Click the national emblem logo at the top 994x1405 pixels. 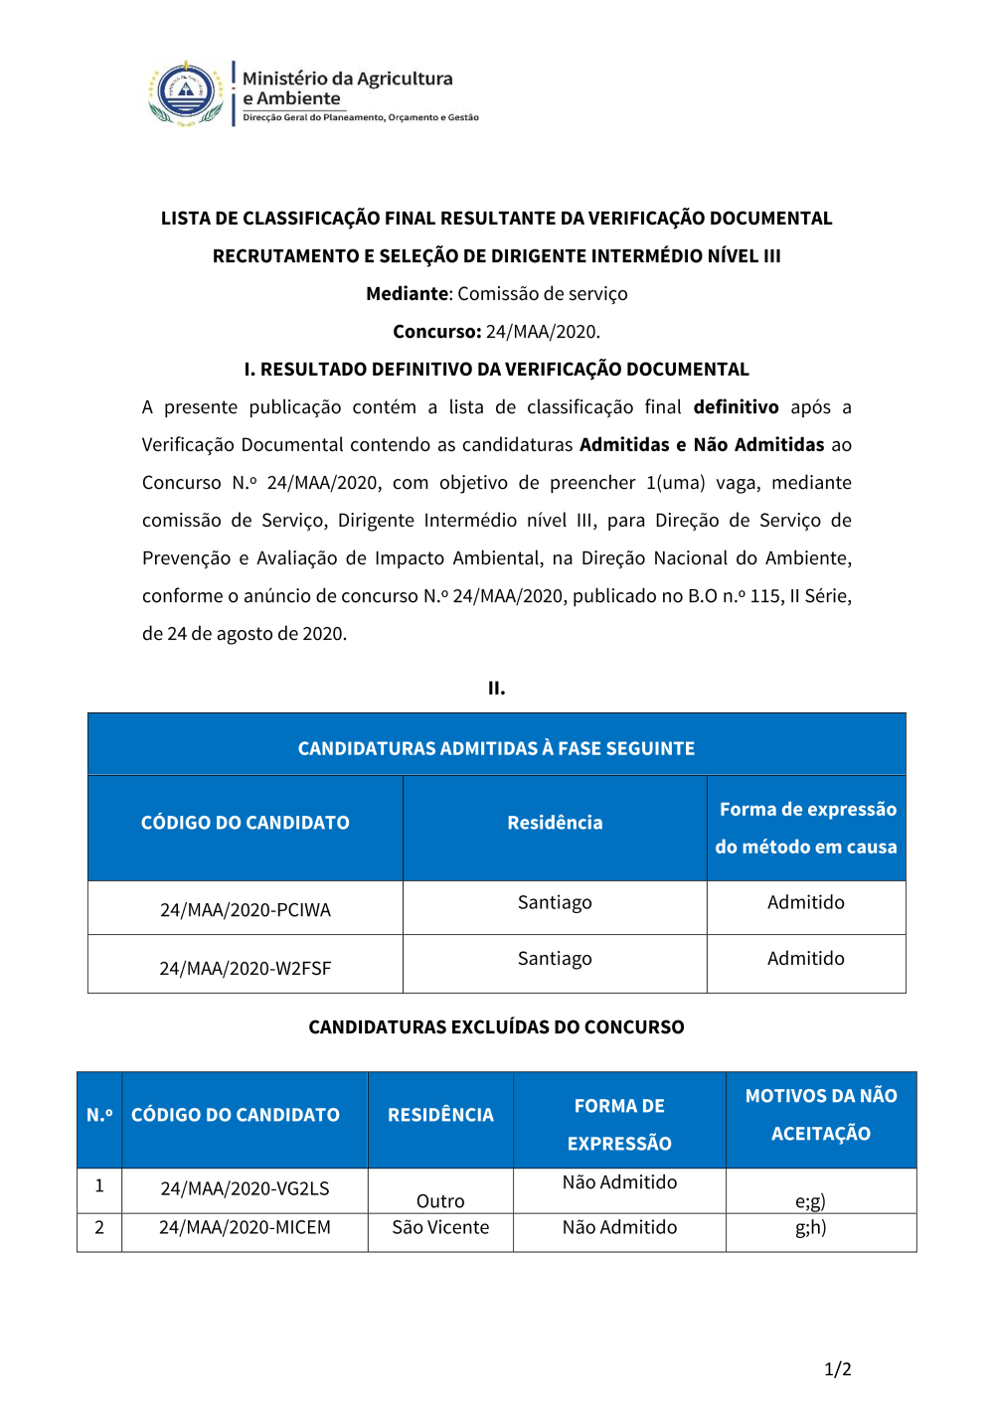[x=186, y=93]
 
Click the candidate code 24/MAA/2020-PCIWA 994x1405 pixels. [x=246, y=909]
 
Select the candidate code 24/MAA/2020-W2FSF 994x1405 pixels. [x=246, y=968]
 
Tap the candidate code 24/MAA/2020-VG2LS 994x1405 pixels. [x=245, y=1188]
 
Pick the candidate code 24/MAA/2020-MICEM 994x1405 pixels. [x=245, y=1228]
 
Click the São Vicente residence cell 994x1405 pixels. [x=440, y=1228]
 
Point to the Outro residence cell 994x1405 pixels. [x=440, y=1201]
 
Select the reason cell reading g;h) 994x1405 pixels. [x=811, y=1228]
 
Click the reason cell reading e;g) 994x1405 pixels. [x=811, y=1201]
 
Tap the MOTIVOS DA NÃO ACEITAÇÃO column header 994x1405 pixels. [x=821, y=1115]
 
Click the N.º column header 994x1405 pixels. [x=99, y=1115]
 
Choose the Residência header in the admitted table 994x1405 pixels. [x=555, y=823]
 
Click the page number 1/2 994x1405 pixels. [x=838, y=1369]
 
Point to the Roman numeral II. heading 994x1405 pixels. [x=497, y=688]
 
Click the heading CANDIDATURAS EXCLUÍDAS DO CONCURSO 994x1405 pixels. [x=496, y=1027]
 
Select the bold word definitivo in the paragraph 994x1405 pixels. [x=736, y=407]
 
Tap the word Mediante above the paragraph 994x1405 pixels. [x=408, y=294]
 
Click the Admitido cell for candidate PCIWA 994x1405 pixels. [x=806, y=902]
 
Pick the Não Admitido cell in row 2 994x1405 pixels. [x=619, y=1228]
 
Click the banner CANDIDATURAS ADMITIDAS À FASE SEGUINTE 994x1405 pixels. [x=496, y=748]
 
